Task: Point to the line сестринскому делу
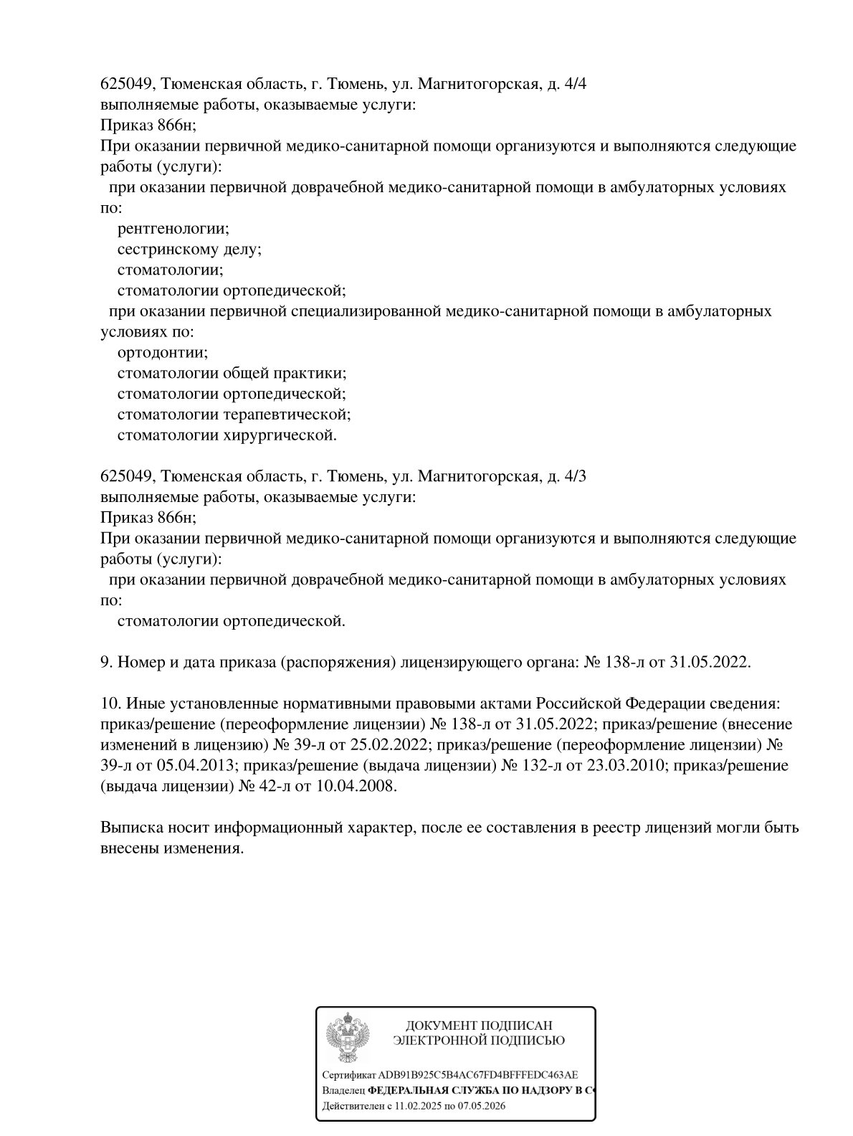(189, 250)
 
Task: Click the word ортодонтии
(163, 353)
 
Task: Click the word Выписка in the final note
(128, 828)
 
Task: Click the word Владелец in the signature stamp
(343, 1091)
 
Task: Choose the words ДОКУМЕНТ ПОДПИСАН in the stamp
(479, 1026)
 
